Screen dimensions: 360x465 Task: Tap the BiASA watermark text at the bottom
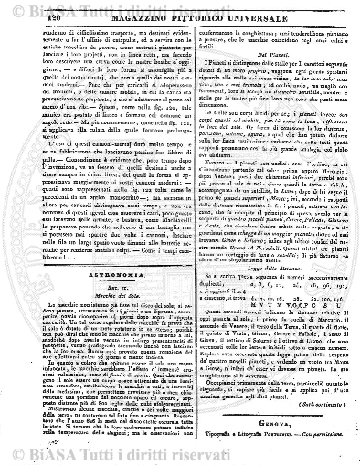183,447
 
